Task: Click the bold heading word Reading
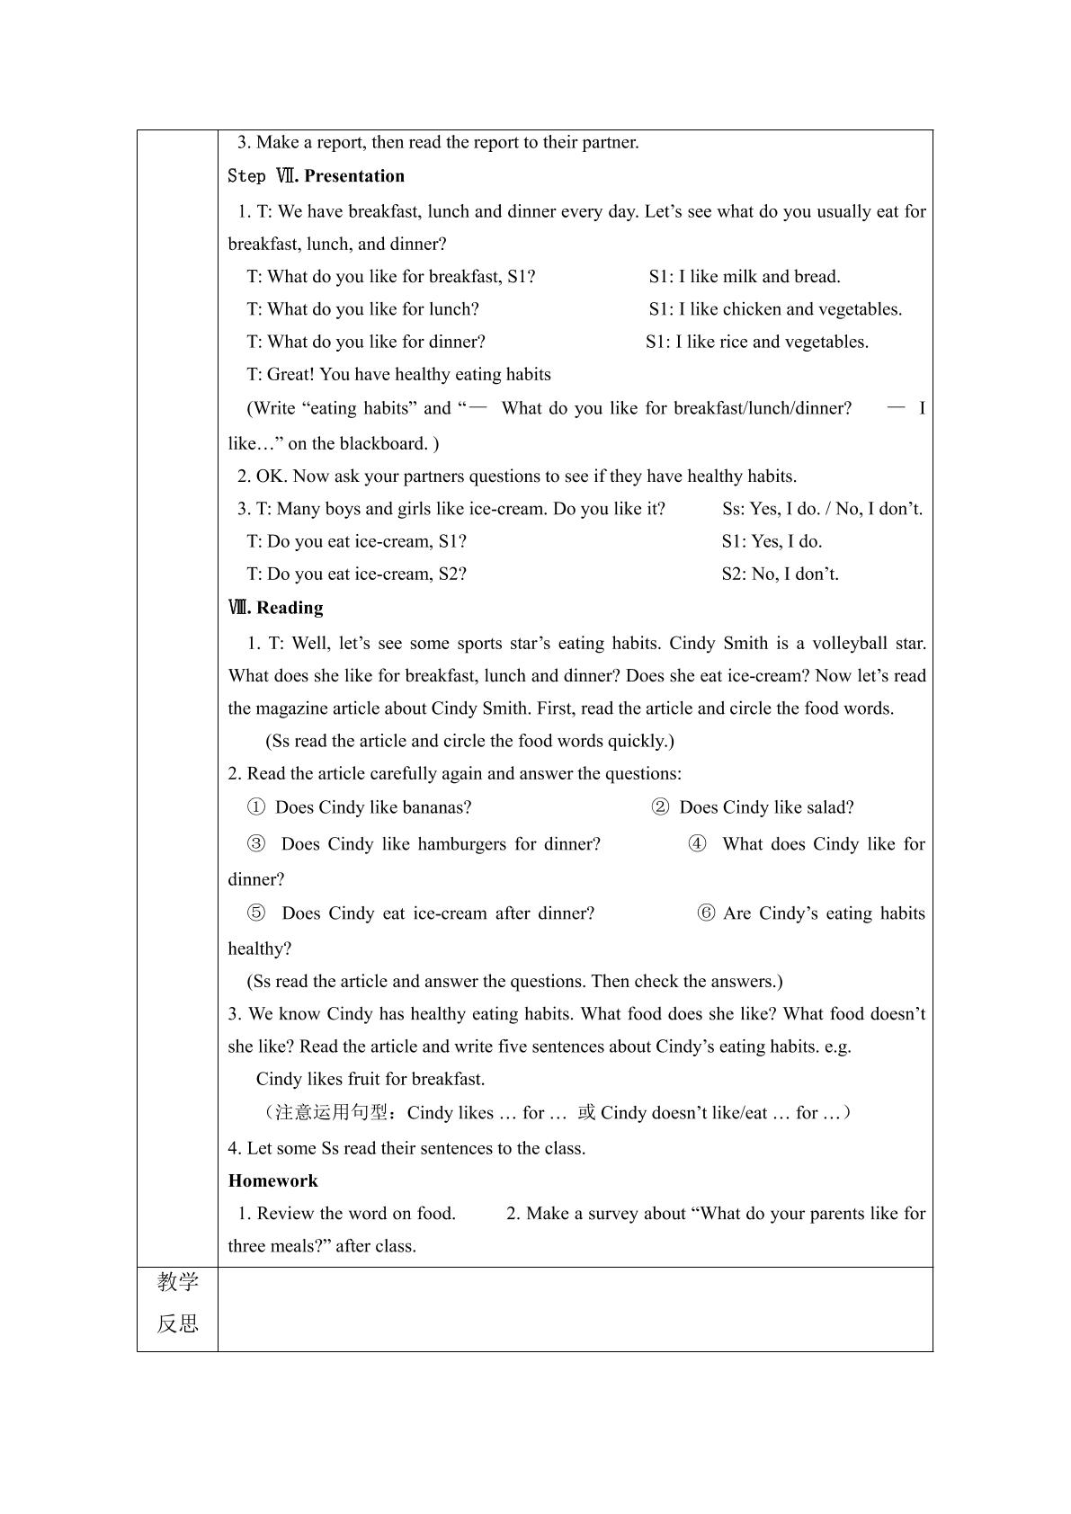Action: point(290,608)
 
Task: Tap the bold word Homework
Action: point(272,1180)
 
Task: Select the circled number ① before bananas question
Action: point(256,807)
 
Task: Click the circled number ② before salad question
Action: point(660,807)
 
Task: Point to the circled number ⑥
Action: point(707,913)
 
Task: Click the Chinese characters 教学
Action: point(177,1282)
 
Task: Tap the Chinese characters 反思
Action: point(177,1323)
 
